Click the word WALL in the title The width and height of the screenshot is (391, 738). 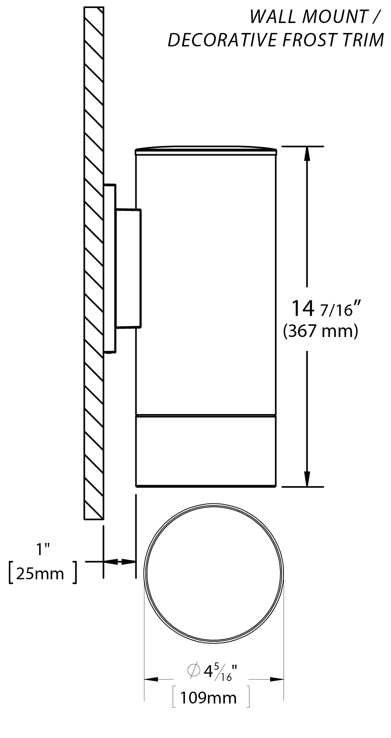tap(273, 17)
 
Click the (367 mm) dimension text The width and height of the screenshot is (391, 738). tap(320, 331)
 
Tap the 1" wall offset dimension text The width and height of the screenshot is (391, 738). tap(43, 549)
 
